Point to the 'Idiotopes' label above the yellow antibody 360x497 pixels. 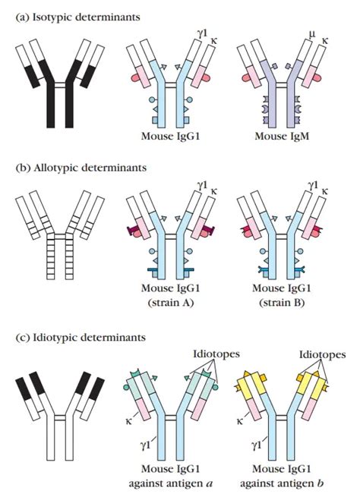click(323, 355)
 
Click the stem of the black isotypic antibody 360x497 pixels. click(60, 106)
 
